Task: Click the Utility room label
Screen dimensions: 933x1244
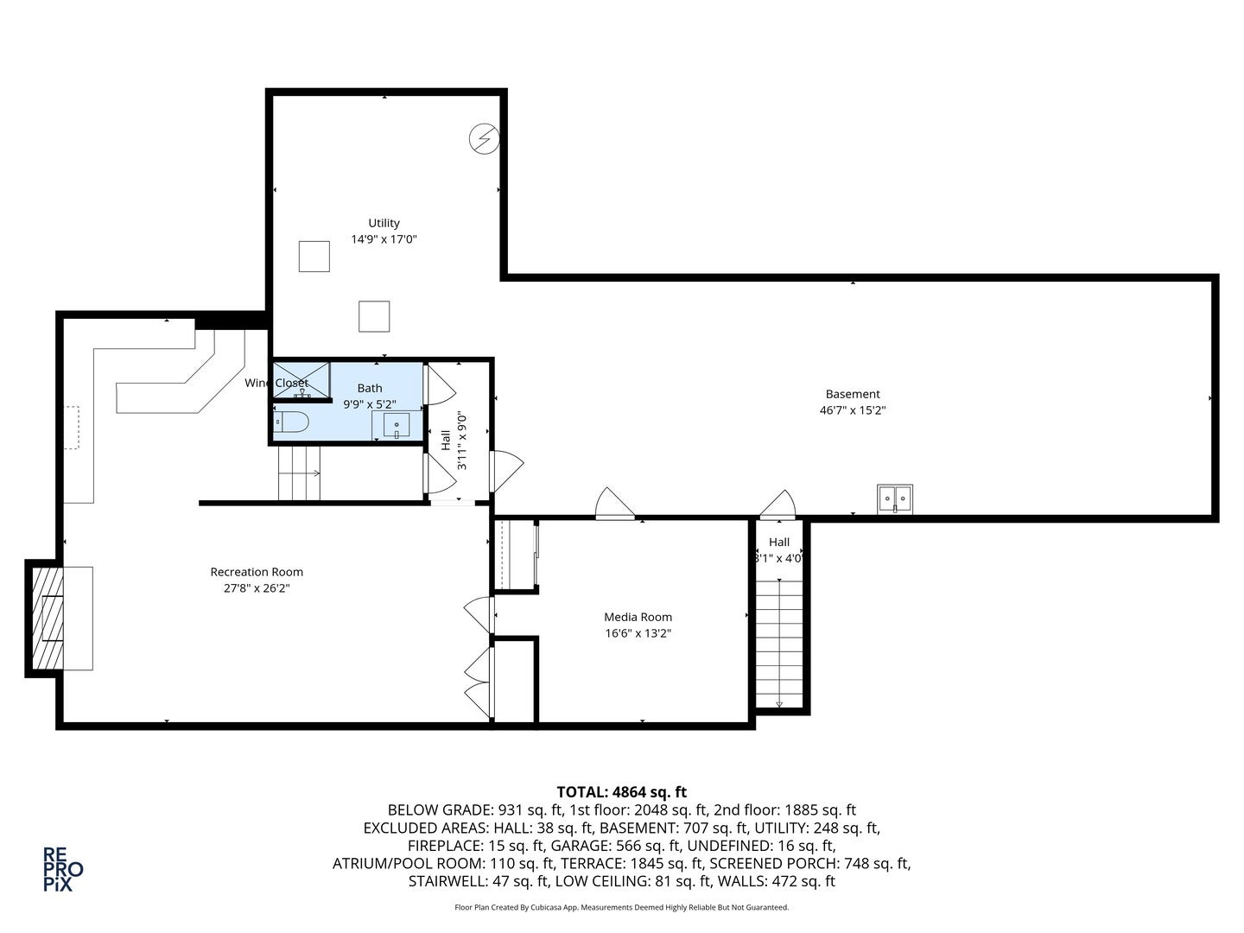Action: pyautogui.click(x=384, y=223)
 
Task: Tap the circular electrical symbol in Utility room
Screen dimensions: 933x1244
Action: pyautogui.click(x=485, y=138)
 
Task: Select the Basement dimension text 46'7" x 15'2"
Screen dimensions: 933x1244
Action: pyautogui.click(x=852, y=410)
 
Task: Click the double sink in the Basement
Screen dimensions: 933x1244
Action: pyautogui.click(x=895, y=498)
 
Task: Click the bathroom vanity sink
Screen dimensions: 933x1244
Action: pyautogui.click(x=397, y=425)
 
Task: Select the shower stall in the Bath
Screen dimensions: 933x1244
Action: pyautogui.click(x=301, y=380)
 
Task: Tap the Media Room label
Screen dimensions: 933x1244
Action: pyautogui.click(x=638, y=617)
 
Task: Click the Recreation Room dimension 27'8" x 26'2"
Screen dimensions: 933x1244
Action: pyautogui.click(x=257, y=588)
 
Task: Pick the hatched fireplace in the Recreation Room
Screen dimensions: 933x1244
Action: pyautogui.click(x=48, y=617)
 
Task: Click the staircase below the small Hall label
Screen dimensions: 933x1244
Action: pyautogui.click(x=779, y=643)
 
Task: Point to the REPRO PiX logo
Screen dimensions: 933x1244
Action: pyautogui.click(x=63, y=868)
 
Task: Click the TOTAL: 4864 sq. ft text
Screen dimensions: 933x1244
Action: pyautogui.click(x=621, y=791)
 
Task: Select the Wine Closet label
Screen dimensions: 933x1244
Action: pyautogui.click(x=276, y=383)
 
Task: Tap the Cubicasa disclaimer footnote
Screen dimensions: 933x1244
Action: pyautogui.click(x=621, y=907)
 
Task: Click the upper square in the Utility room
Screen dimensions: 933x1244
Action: pyautogui.click(x=314, y=257)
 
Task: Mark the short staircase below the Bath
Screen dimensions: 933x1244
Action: pyautogui.click(x=299, y=473)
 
